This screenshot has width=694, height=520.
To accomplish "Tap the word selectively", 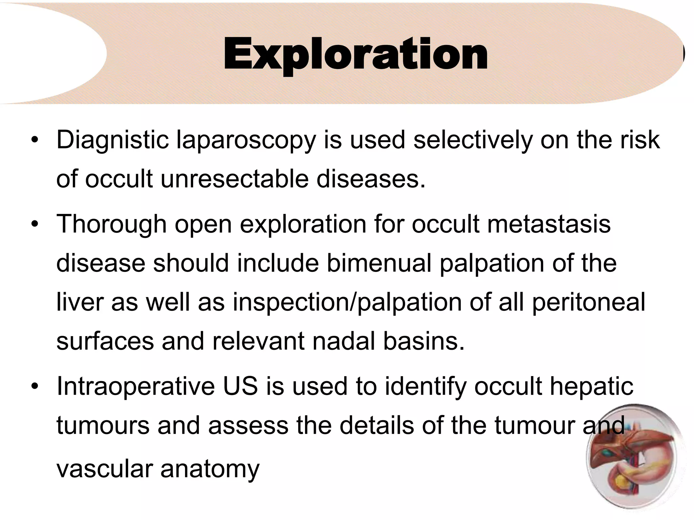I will (473, 140).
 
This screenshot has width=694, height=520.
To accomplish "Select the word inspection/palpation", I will (347, 302).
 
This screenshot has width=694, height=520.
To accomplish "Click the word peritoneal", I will (589, 302).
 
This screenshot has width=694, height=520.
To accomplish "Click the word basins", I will (424, 341).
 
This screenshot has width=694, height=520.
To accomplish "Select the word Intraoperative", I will (136, 386).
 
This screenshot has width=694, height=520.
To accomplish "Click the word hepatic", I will (591, 387).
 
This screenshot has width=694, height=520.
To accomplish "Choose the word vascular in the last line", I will (104, 469).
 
